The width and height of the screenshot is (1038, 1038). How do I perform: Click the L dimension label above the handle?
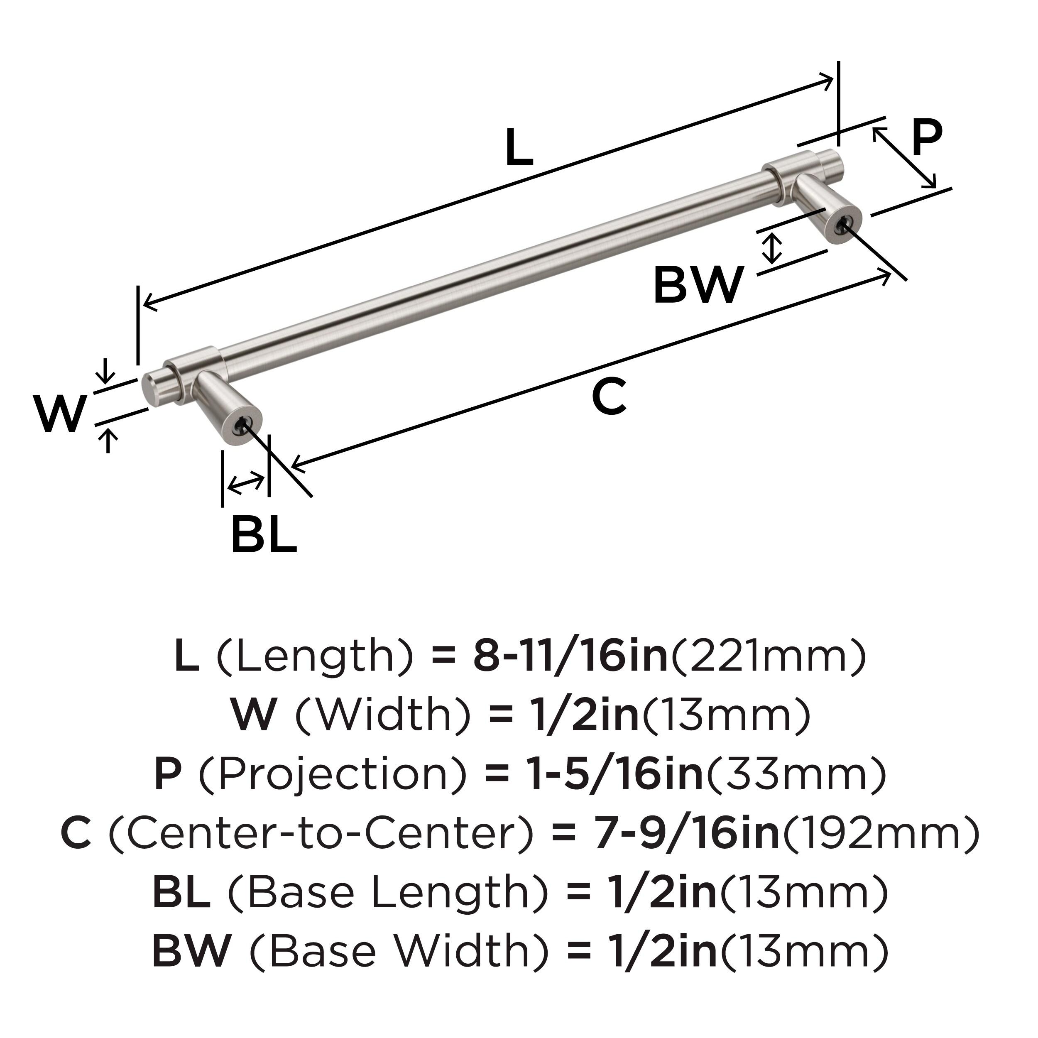click(x=519, y=148)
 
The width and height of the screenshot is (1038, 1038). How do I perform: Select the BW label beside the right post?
click(x=698, y=285)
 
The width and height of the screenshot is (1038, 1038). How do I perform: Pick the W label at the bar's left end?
click(x=60, y=413)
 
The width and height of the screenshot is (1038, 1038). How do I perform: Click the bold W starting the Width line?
click(x=254, y=716)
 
